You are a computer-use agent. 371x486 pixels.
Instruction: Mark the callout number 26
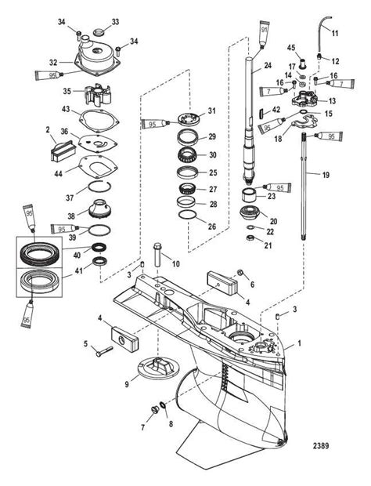coord(212,227)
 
